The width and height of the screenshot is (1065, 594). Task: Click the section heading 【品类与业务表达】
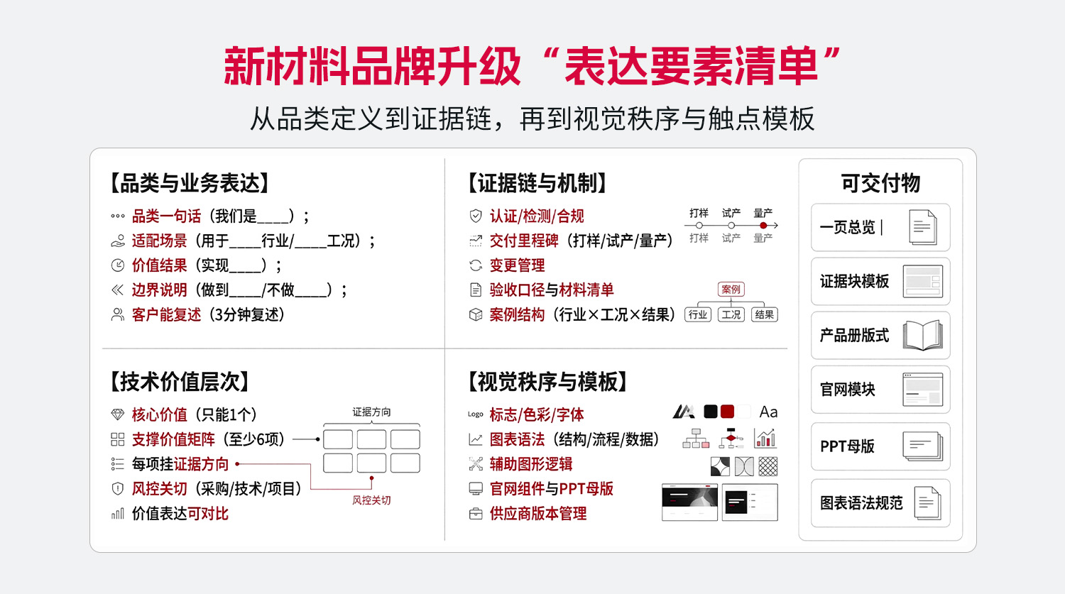coord(190,183)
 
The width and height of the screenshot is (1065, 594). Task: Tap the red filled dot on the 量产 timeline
coord(763,225)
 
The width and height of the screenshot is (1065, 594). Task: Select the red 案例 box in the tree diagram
coord(731,289)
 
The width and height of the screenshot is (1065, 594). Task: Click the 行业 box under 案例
coord(698,314)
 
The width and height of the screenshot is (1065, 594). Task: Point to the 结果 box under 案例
coord(765,314)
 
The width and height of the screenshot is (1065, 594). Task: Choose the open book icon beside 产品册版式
coord(923,336)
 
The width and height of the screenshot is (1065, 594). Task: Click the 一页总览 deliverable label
coord(847,227)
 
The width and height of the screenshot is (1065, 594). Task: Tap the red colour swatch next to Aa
coord(728,412)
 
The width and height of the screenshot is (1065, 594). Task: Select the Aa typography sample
coord(768,412)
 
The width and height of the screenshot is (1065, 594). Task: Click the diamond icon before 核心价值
coord(117,414)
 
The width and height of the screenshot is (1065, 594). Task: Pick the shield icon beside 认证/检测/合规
coord(476,216)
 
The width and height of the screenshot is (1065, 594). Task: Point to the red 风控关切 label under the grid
coord(371,500)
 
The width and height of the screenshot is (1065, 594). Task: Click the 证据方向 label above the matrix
coord(371,412)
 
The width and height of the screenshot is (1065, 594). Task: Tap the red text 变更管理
coord(518,265)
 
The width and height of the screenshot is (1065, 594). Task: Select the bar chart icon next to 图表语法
coord(765,438)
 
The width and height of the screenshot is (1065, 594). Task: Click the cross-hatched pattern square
coord(768,466)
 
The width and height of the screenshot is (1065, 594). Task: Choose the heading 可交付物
coord(880,183)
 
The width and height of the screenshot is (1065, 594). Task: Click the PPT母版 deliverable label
coord(847,446)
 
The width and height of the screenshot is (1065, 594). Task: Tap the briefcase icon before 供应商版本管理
coord(476,514)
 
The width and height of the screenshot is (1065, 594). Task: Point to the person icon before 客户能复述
coord(117,314)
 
